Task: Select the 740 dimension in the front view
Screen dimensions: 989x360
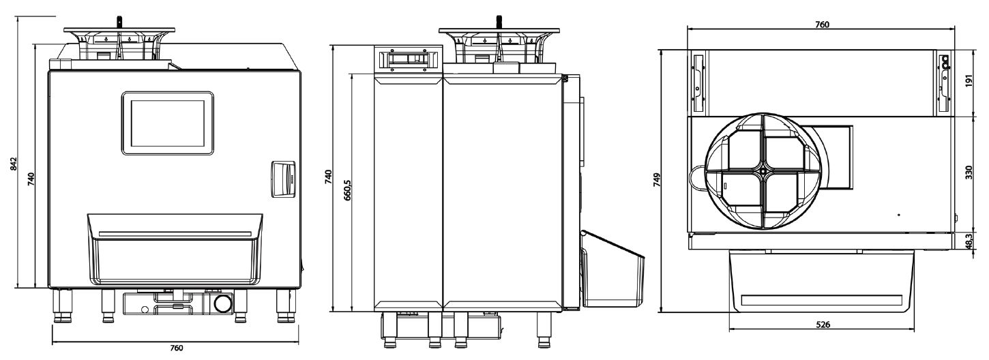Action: pyautogui.click(x=31, y=179)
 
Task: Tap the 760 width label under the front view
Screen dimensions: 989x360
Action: pyautogui.click(x=176, y=348)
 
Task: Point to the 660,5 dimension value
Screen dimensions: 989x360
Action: pyautogui.click(x=347, y=190)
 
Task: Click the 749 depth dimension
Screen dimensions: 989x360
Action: pyautogui.click(x=657, y=180)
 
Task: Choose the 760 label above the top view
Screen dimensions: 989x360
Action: pyautogui.click(x=822, y=25)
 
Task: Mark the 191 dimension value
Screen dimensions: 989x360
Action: pyautogui.click(x=969, y=80)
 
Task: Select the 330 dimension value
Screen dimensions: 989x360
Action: pyautogui.click(x=969, y=172)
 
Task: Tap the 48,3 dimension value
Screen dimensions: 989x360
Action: pyautogui.click(x=969, y=242)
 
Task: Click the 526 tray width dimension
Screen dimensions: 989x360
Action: pyautogui.click(x=823, y=325)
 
